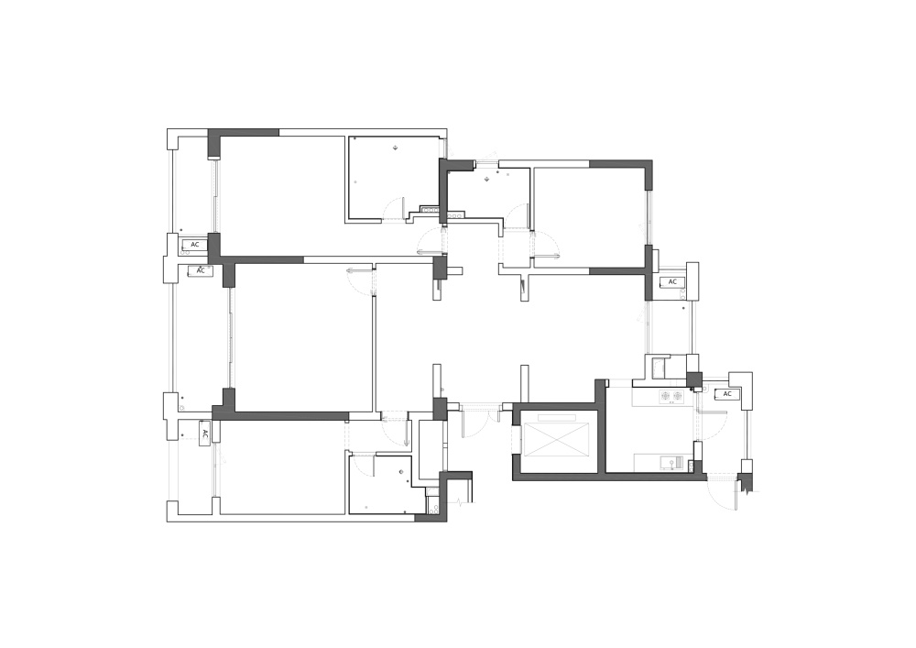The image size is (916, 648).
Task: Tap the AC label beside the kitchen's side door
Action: (x=727, y=394)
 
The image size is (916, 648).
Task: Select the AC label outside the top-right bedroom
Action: (x=672, y=281)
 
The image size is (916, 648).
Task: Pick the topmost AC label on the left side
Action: (x=195, y=244)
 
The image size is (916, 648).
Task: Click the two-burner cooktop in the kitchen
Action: (x=671, y=396)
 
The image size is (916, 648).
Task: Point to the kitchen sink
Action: (x=671, y=464)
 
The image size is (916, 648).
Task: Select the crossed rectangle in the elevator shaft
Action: (x=552, y=438)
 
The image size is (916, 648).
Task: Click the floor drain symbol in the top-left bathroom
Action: (x=396, y=148)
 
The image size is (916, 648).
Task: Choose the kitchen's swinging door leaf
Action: (x=713, y=412)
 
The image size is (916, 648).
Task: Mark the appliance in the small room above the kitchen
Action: (x=660, y=368)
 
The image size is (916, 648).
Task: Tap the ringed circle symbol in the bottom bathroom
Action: (x=401, y=471)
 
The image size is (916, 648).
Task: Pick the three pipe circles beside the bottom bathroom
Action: (x=433, y=503)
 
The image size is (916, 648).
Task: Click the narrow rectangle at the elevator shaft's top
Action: (x=557, y=417)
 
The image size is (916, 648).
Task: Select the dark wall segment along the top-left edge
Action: (x=244, y=133)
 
